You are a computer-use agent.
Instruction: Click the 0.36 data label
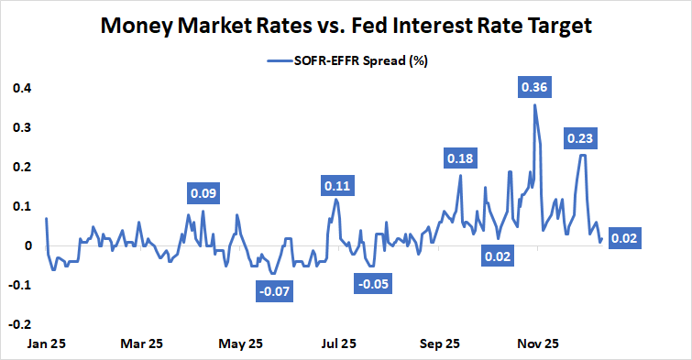point(534,87)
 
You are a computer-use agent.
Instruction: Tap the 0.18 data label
point(460,158)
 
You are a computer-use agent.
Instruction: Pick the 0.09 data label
point(203,193)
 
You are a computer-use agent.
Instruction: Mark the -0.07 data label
point(274,292)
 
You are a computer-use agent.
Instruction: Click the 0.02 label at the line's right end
point(623,239)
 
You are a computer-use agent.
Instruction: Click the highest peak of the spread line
point(534,104)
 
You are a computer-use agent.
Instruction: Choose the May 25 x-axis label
point(240,344)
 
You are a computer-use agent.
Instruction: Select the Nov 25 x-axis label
point(538,344)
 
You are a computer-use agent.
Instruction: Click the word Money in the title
point(141,27)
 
